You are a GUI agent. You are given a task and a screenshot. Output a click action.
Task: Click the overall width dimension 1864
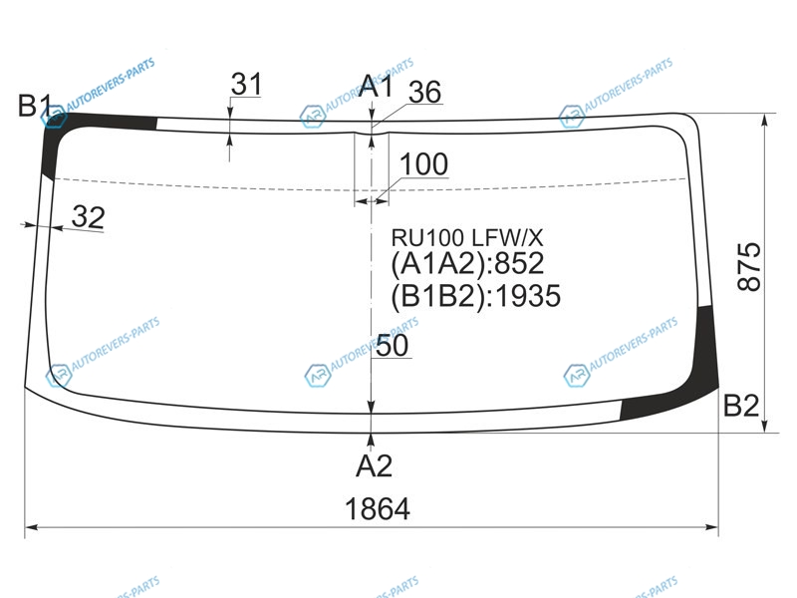378,509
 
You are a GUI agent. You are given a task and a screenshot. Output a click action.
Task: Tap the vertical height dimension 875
749,266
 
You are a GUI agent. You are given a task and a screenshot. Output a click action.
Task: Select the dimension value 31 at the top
246,84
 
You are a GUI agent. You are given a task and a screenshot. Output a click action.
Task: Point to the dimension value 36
425,92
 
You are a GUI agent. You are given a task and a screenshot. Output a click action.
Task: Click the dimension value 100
424,164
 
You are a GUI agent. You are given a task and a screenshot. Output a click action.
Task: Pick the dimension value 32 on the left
88,217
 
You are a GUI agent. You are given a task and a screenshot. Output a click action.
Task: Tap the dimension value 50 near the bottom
392,346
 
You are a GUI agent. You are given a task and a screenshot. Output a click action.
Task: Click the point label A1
376,86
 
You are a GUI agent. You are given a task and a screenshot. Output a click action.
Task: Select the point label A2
375,465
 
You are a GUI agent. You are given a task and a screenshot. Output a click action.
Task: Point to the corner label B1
35,106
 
